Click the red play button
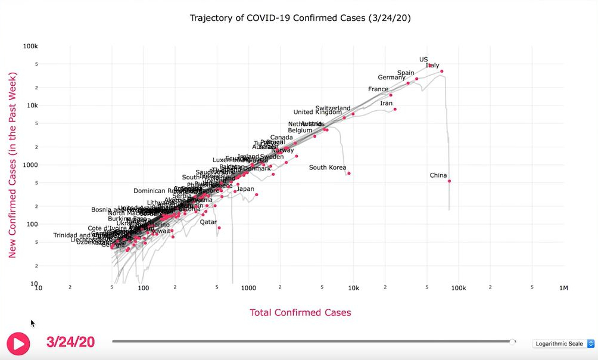click(18, 343)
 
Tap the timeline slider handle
click(513, 342)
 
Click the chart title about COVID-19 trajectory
click(300, 18)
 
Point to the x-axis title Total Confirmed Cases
click(300, 312)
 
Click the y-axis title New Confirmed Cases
click(13, 165)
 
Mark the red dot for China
click(450, 181)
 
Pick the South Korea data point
click(349, 173)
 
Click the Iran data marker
click(395, 109)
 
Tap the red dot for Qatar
click(219, 228)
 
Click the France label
click(378, 89)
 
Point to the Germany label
click(391, 77)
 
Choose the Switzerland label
click(333, 108)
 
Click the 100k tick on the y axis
click(30, 46)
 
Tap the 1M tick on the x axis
click(563, 288)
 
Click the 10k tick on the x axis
click(353, 288)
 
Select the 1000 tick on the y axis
click(30, 165)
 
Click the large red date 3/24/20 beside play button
click(70, 342)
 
